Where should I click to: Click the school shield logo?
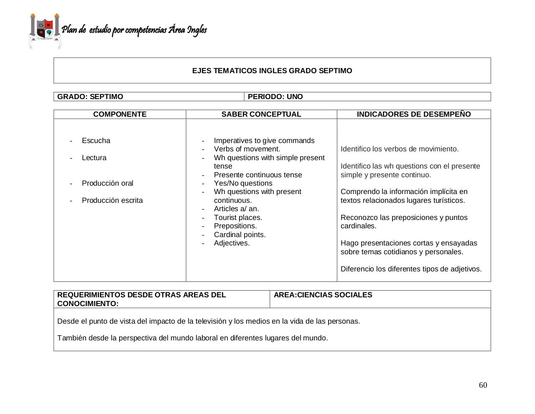point(45,31)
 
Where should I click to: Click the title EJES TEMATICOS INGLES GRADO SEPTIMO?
point(272,71)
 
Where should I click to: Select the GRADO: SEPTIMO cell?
point(90,97)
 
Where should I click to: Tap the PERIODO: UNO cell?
point(275,97)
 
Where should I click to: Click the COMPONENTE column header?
point(120,114)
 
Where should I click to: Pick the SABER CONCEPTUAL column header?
point(261,114)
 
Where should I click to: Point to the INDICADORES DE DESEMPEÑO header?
point(413,114)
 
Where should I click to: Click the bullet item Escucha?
point(96,141)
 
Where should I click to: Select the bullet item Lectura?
point(94,158)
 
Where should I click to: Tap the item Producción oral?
point(107,183)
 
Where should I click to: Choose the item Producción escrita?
point(112,200)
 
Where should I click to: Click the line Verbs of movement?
point(247,149)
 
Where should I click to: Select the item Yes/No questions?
point(243,183)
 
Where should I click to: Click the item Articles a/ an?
point(236,209)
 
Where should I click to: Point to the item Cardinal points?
point(239,235)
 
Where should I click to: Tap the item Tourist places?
point(238,217)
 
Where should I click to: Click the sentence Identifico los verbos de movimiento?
point(400,149)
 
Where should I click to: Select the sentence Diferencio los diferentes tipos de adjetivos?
point(411,269)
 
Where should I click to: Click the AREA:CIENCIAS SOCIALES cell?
point(323,295)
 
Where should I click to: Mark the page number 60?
point(483,385)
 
